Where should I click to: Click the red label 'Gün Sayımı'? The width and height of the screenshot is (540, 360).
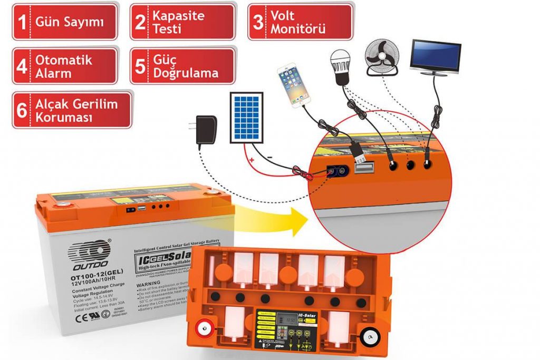point(64,22)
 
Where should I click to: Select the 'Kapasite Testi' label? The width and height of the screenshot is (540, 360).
point(182,22)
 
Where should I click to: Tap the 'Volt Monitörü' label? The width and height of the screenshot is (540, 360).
point(300,22)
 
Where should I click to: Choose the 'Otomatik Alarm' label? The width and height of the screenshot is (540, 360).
point(64,66)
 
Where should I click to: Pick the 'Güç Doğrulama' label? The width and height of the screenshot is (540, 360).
point(182,66)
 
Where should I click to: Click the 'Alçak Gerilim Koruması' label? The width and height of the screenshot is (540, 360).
point(72,110)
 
